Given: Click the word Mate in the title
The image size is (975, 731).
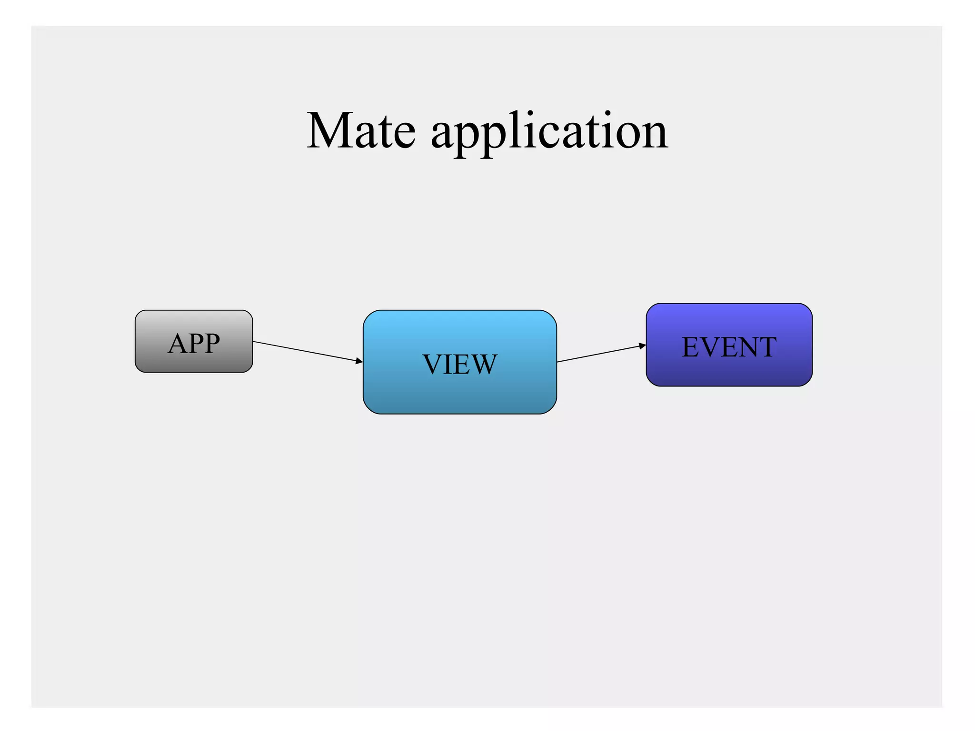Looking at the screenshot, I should point(361,131).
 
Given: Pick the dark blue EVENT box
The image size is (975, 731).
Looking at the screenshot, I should point(729,371).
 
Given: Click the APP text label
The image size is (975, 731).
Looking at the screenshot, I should point(194,343).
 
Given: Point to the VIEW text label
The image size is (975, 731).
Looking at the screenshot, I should point(460,365).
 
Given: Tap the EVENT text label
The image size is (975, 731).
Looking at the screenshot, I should point(729,347).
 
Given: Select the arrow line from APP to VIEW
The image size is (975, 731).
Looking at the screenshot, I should point(305,351).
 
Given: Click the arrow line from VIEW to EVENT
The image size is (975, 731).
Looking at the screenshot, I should point(600,354).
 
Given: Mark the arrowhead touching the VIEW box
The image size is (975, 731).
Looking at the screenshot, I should point(359,361).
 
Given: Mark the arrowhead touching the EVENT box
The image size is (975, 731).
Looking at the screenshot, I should point(643,346).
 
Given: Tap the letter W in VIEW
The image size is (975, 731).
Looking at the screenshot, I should point(484,365).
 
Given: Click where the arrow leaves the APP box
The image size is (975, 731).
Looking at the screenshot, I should point(254,342).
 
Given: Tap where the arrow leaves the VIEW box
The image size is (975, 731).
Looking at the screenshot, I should point(558,362).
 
